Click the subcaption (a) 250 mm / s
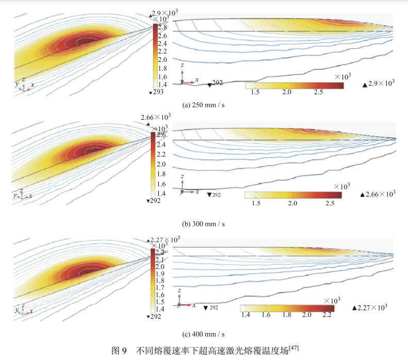tap(204, 105)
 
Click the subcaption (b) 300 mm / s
tap(204, 224)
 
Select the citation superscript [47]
tap(294, 349)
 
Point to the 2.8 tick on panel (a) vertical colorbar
tap(161, 27)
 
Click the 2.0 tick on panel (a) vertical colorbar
tap(161, 60)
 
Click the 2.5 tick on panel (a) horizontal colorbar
tap(318, 92)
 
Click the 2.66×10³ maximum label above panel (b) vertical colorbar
tap(155, 118)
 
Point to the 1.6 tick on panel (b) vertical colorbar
tap(161, 184)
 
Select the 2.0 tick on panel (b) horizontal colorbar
tap(292, 203)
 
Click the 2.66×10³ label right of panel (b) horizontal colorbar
tap(379, 194)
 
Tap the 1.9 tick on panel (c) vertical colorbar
tap(161, 274)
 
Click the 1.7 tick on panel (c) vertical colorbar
tap(161, 288)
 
